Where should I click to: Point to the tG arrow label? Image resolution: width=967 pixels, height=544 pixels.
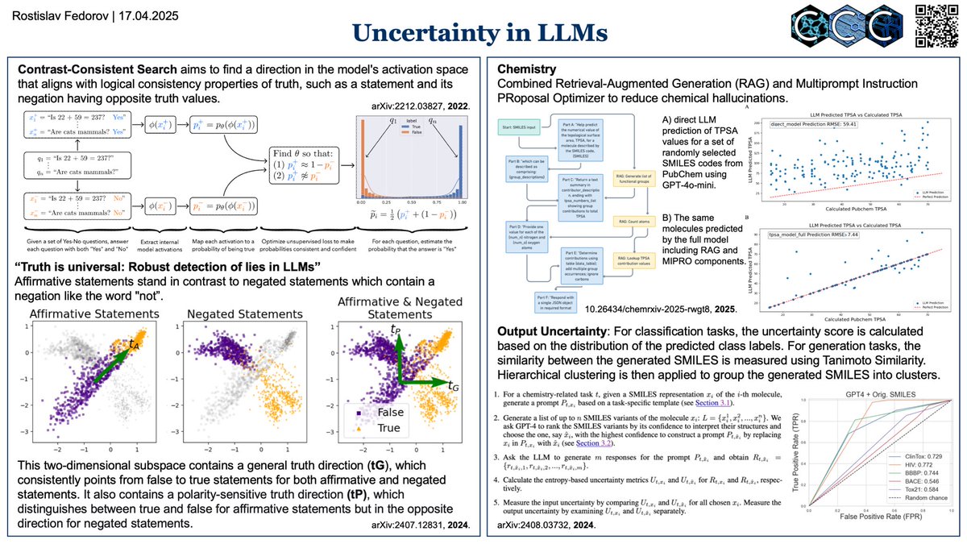[454, 387]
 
